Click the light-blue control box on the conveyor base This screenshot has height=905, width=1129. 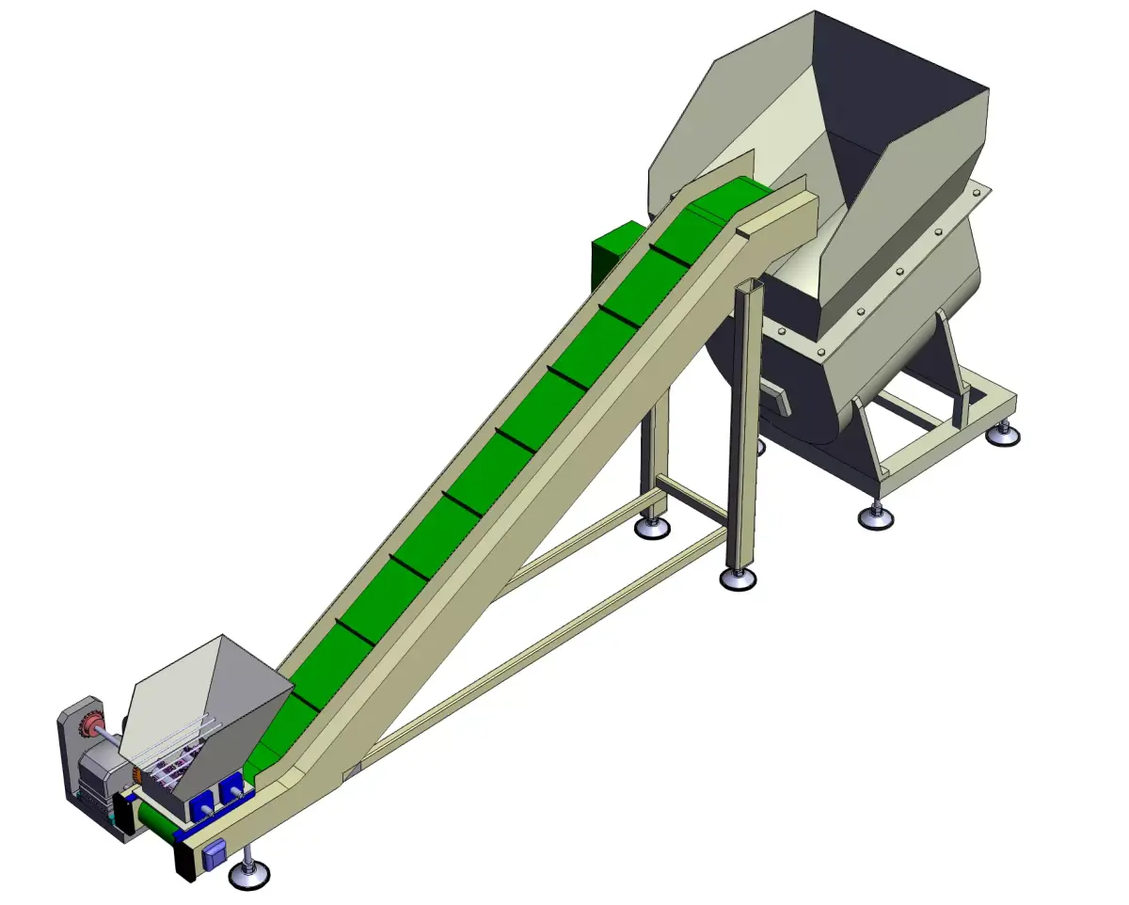[x=215, y=853]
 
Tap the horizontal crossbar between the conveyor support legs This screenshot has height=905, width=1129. [x=692, y=500]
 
